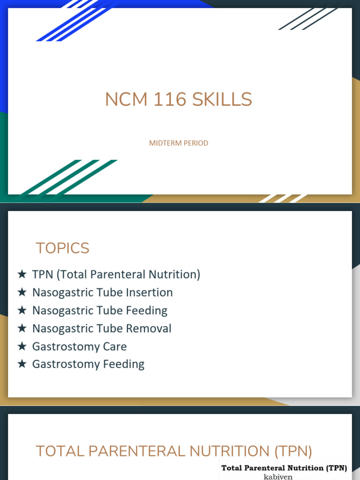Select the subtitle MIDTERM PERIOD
[x=179, y=143]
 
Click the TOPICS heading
[x=62, y=248]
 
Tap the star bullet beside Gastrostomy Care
[x=22, y=346]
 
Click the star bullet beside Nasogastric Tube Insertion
[x=22, y=292]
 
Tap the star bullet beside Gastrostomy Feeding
[x=22, y=364]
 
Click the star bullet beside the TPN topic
[x=22, y=275]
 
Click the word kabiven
[x=278, y=477]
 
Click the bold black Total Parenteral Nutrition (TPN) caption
[x=284, y=467]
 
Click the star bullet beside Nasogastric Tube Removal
[x=22, y=329]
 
